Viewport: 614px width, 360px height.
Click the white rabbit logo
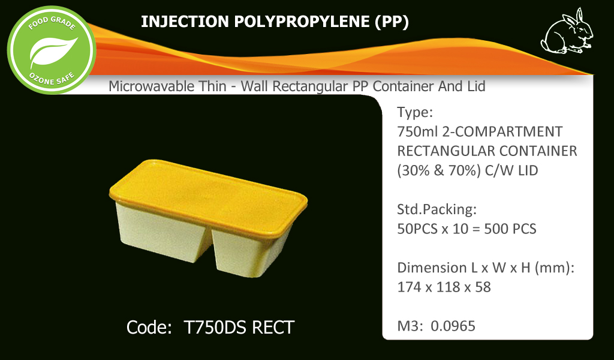(567, 32)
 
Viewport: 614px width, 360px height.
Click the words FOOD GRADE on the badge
(52, 23)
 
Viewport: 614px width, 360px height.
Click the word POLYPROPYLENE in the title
(302, 22)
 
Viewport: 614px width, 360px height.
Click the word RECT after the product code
(273, 328)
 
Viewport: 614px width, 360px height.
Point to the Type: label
(415, 112)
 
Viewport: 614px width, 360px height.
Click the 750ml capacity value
(417, 131)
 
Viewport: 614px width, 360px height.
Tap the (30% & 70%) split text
(438, 171)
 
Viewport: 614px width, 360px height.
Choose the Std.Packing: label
(437, 209)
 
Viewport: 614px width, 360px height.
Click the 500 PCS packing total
(510, 229)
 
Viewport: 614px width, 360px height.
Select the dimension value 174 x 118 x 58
(444, 287)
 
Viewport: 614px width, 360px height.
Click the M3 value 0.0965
(453, 326)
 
